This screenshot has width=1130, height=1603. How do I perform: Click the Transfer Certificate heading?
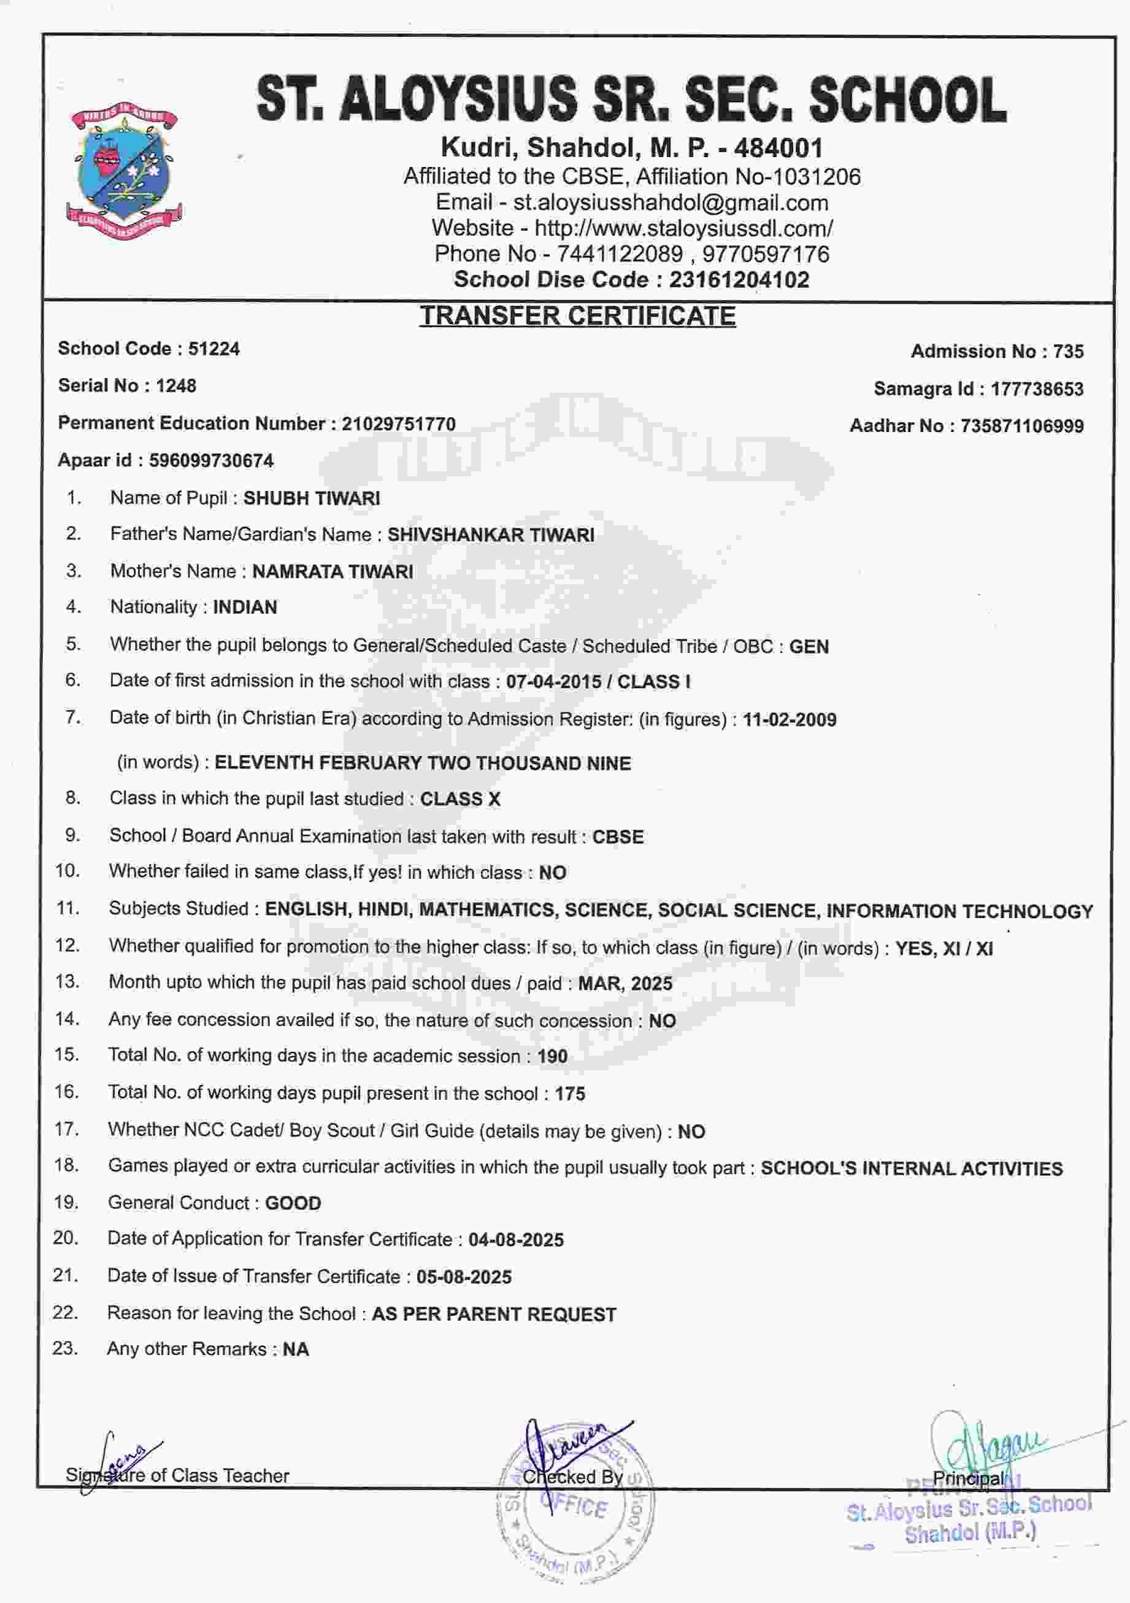pyautogui.click(x=577, y=316)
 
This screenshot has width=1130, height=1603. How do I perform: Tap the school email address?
pyautogui.click(x=671, y=203)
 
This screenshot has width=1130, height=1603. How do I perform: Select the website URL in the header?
pyautogui.click(x=683, y=228)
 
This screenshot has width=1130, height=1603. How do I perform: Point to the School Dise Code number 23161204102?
pyautogui.click(x=739, y=280)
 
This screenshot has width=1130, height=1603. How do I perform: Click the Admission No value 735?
pyautogui.click(x=1068, y=351)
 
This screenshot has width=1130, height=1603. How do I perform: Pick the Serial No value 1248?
pyautogui.click(x=176, y=385)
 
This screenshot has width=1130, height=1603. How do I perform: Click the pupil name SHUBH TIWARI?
pyautogui.click(x=311, y=498)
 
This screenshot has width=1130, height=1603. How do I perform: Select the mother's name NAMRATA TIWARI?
pyautogui.click(x=332, y=572)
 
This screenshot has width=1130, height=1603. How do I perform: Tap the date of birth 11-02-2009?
pyautogui.click(x=790, y=720)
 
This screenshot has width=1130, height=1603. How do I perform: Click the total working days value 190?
pyautogui.click(x=552, y=1056)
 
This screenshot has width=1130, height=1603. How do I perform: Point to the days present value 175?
pyautogui.click(x=569, y=1094)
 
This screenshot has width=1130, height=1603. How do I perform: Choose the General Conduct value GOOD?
pyautogui.click(x=293, y=1203)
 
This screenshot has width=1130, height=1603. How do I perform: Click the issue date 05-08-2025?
pyautogui.click(x=464, y=1277)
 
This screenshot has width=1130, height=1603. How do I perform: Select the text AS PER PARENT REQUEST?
pyautogui.click(x=494, y=1315)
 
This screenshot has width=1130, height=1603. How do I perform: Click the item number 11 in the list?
pyautogui.click(x=67, y=908)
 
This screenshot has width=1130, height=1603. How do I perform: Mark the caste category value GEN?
pyautogui.click(x=809, y=646)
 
